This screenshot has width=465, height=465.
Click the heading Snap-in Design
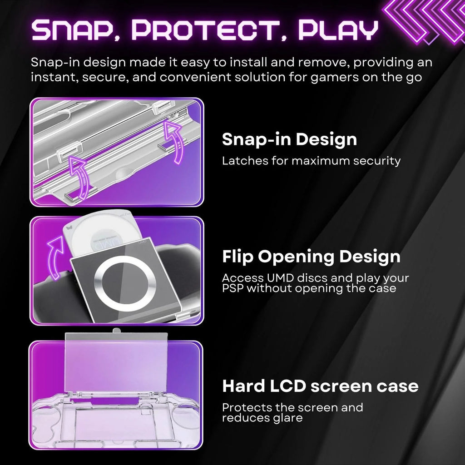point(289,139)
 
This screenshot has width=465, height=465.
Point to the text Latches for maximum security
point(311,160)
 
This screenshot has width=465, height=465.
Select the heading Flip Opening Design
point(311,257)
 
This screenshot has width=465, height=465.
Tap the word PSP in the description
point(233,288)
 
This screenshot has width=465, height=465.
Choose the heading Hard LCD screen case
point(320,386)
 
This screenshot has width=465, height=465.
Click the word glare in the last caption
point(289,418)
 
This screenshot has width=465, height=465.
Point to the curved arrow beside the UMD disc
point(54,257)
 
